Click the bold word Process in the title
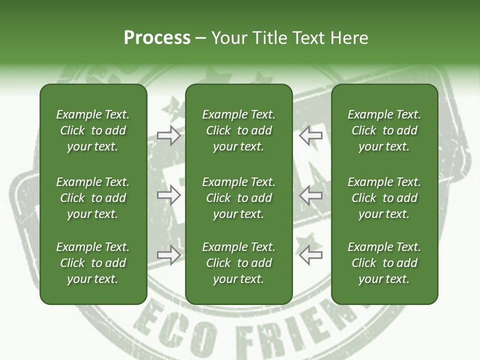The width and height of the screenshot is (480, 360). (157, 38)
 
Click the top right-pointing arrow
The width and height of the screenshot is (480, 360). (168, 135)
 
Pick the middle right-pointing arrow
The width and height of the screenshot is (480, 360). (168, 194)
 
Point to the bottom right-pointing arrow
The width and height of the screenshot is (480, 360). (168, 255)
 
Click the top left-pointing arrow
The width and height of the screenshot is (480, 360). (310, 135)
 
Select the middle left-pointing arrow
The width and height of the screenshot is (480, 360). (310, 194)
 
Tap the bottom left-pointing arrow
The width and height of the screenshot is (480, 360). (310, 255)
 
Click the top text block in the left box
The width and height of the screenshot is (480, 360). (93, 130)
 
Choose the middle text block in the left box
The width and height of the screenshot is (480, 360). (93, 198)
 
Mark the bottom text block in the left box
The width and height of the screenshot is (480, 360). (93, 263)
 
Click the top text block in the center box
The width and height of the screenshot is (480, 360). (238, 130)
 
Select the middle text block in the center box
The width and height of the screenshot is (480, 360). (238, 198)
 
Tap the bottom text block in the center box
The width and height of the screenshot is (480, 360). (238, 263)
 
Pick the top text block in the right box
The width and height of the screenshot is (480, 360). (384, 130)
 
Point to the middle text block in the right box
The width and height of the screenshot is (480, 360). (384, 198)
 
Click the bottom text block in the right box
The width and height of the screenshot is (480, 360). (384, 263)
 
